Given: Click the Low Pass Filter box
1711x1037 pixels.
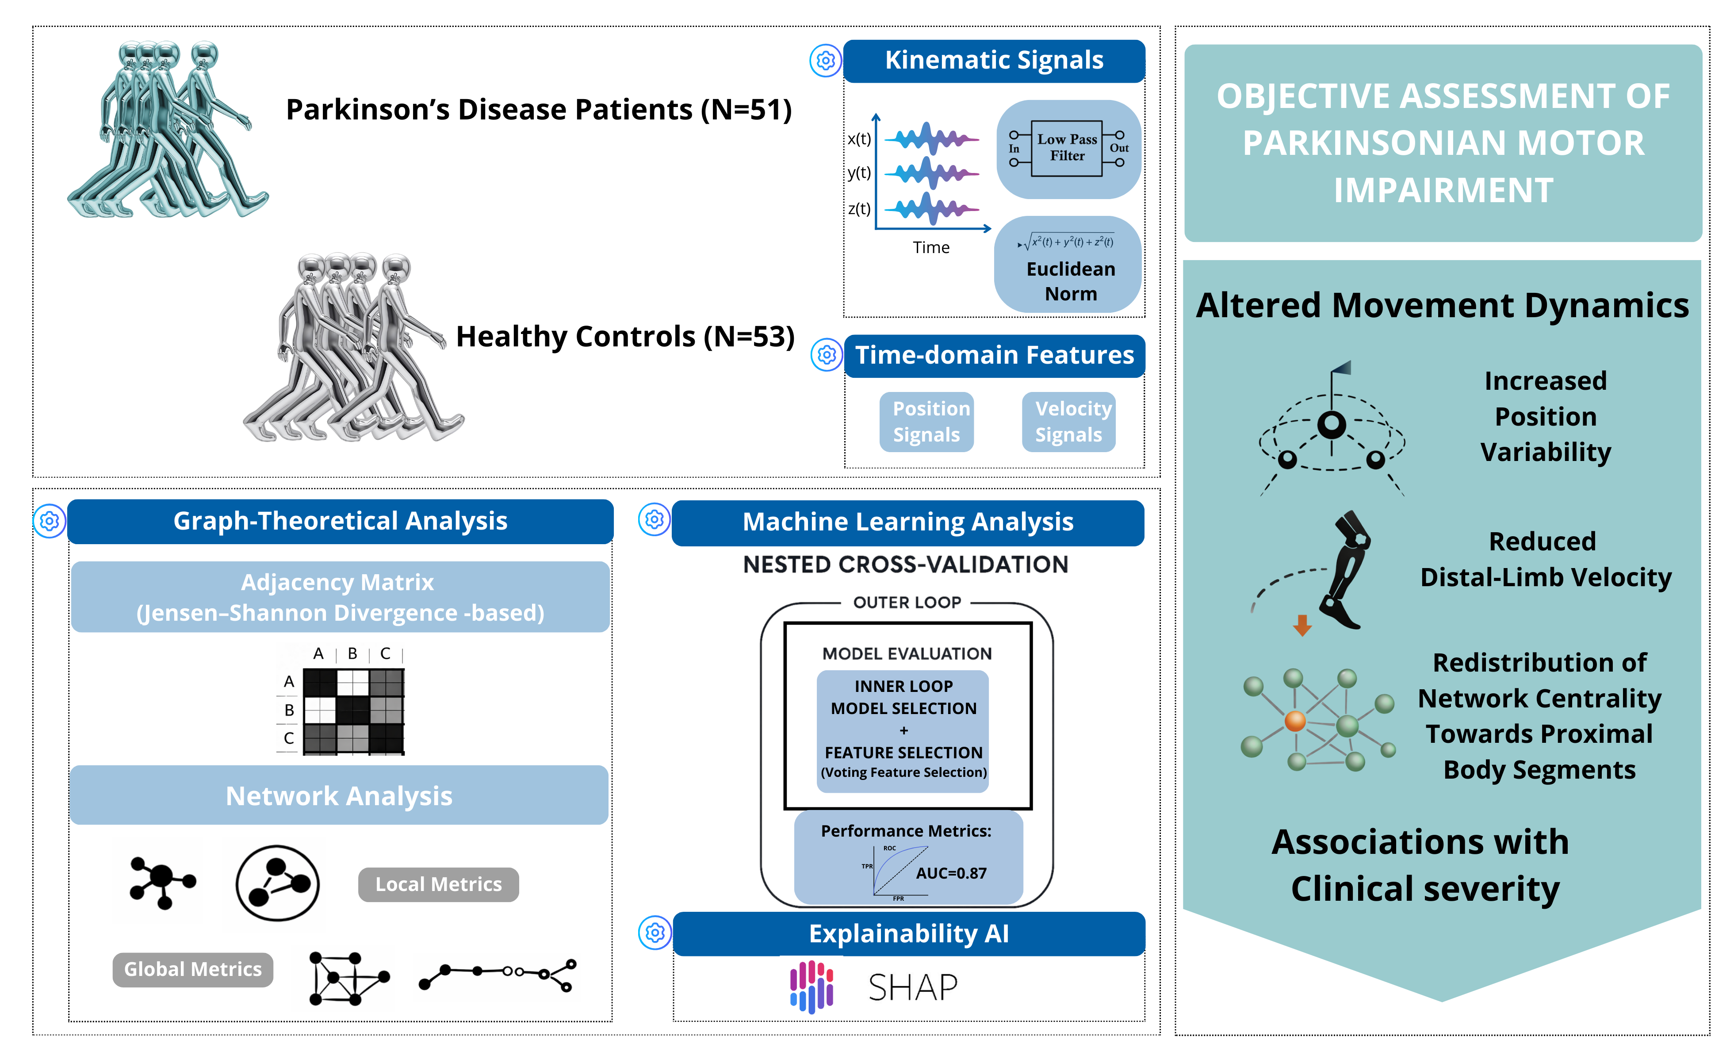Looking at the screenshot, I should pos(1067,148).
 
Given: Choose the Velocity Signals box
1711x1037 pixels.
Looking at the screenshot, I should pos(1069,422).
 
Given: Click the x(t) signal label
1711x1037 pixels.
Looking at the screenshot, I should pos(859,139).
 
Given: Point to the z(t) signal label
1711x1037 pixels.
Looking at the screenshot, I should pos(859,208).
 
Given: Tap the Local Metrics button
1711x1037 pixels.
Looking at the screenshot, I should pos(438,884).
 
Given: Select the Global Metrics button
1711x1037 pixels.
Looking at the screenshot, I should pos(193,969).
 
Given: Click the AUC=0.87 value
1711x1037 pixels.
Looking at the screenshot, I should pos(951,873).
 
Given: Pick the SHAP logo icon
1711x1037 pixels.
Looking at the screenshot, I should pos(811,986).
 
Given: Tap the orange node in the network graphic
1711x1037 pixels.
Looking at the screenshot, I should pos(1295,721).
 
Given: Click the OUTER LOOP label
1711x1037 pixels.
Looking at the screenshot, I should pos(907,602).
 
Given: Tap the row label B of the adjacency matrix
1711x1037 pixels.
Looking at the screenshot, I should pos(289,710).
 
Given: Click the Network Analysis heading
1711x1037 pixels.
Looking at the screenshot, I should pos(339,795).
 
